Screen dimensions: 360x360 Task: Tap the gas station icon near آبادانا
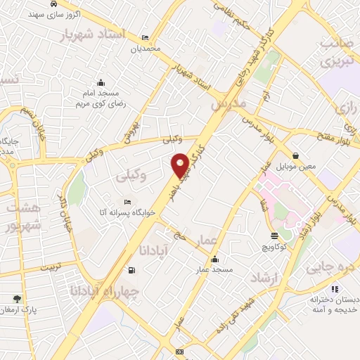coord(131,270)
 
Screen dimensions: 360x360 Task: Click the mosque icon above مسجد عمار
coord(214,259)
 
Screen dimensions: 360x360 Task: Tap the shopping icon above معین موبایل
coord(295,156)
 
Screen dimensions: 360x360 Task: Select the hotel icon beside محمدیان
coord(145,38)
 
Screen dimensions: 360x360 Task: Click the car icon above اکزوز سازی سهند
coord(53,4)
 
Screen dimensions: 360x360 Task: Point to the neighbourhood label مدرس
coord(229,103)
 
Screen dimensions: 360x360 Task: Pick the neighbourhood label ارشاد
coord(264,278)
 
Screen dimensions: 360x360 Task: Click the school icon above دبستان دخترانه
coord(334,288)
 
